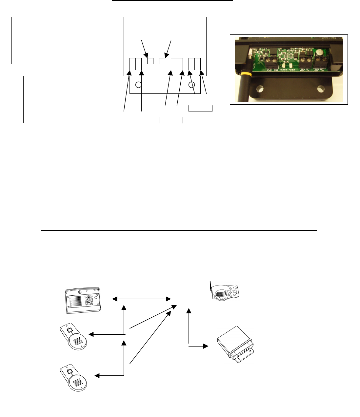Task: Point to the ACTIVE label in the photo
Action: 284,69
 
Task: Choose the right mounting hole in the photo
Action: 320,89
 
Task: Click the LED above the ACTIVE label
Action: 283,65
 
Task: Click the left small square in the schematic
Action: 150,61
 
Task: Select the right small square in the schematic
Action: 162,61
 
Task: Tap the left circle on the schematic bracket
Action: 138,85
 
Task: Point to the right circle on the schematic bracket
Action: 192,85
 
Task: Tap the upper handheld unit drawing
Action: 74,337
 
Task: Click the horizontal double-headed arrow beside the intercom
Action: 142,299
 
